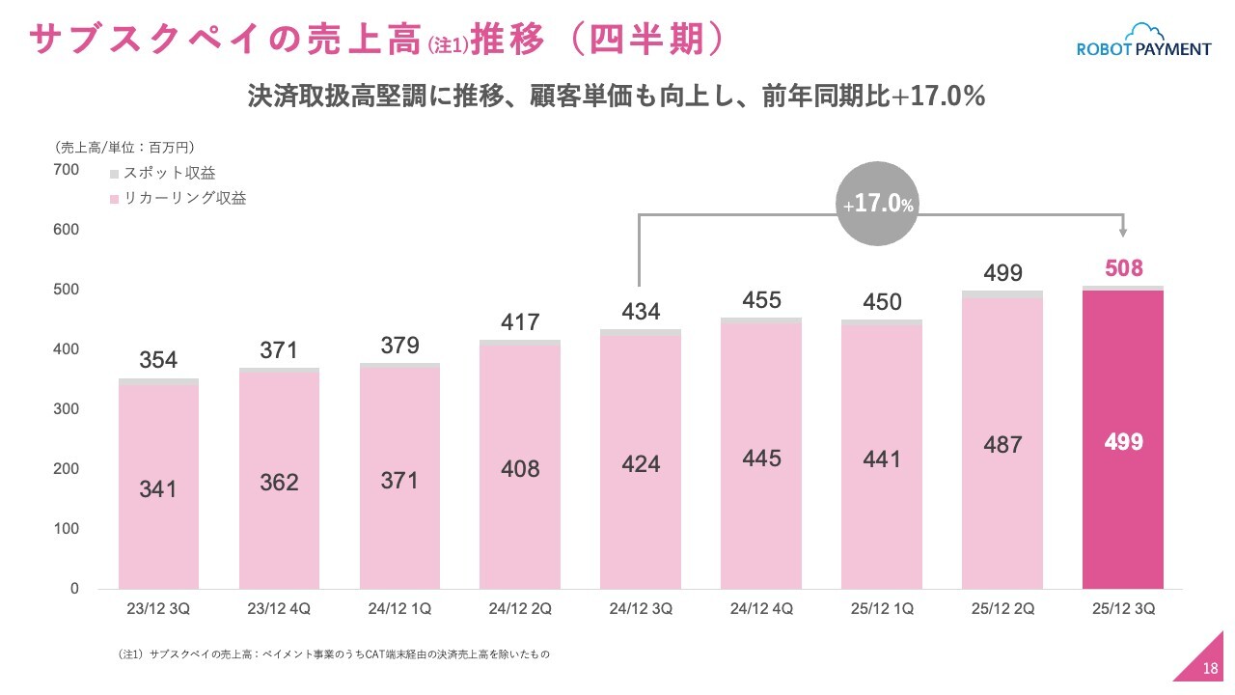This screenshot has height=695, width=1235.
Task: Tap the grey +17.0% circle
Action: click(x=878, y=204)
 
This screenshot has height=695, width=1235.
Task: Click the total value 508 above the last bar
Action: click(x=1124, y=268)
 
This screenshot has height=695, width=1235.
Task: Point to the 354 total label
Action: click(x=158, y=360)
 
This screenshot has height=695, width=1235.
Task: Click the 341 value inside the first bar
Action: click(x=158, y=489)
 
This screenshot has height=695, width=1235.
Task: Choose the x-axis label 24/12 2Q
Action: click(x=520, y=610)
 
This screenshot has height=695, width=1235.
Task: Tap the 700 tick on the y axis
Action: click(x=67, y=170)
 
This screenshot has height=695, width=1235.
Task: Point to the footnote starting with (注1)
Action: click(x=333, y=654)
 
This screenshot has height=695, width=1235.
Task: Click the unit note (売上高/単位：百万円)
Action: click(x=124, y=148)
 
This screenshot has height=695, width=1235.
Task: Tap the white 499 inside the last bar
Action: click(x=1124, y=442)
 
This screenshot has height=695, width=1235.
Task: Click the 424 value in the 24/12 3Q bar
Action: click(x=641, y=464)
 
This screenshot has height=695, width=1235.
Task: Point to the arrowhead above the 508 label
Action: click(x=1123, y=232)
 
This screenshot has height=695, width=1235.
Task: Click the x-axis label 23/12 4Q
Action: click(x=279, y=610)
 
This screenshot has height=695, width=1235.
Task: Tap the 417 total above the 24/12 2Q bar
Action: click(x=520, y=321)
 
